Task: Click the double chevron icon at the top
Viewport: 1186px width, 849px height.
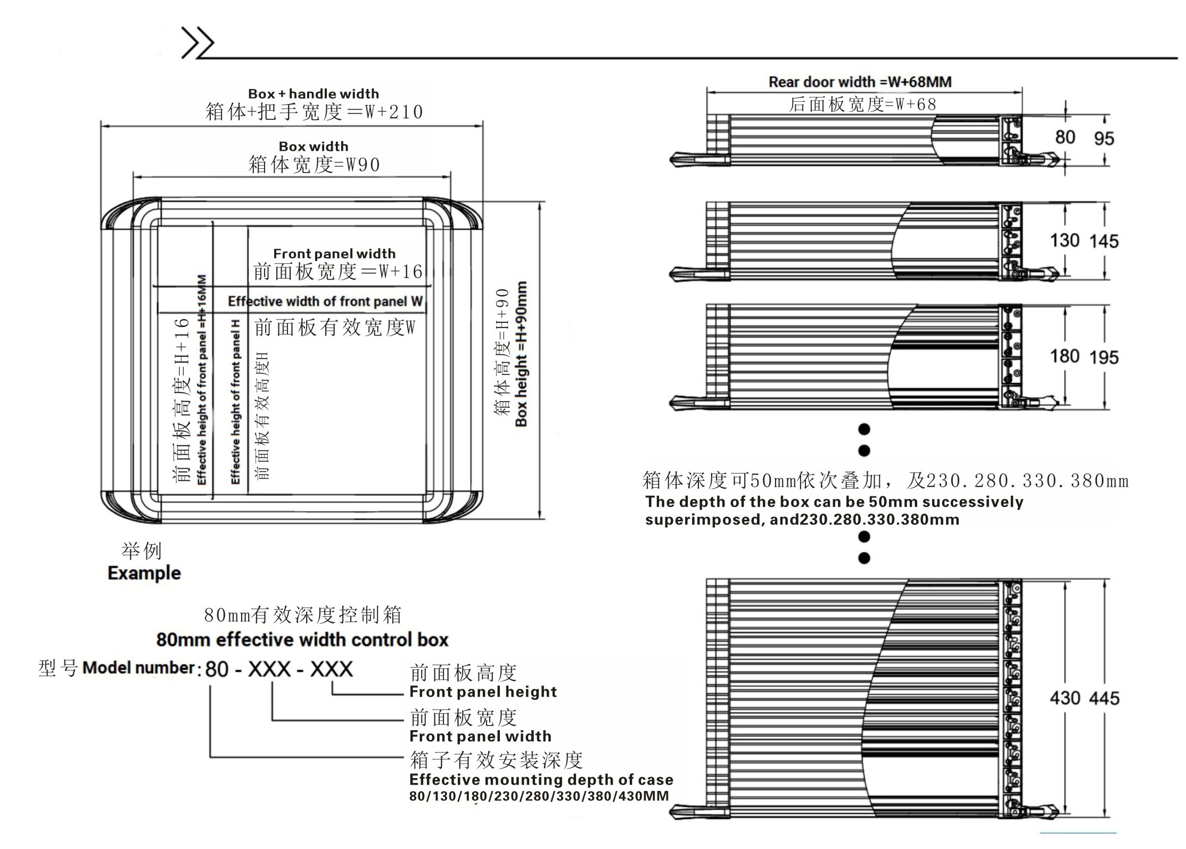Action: (197, 42)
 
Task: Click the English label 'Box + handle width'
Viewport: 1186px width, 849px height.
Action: (313, 94)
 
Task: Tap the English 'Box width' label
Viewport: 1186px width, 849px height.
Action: (313, 146)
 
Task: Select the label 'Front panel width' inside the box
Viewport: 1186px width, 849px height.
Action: (334, 254)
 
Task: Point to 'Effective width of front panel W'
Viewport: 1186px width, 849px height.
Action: (325, 301)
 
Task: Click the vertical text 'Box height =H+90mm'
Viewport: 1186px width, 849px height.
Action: (521, 354)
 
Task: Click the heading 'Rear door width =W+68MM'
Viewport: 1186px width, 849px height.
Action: (860, 82)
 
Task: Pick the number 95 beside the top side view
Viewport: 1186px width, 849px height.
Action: (1103, 138)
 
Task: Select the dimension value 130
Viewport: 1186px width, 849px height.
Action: (1064, 240)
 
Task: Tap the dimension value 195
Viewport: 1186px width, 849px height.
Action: (1103, 357)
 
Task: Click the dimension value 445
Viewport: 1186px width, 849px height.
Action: (1103, 698)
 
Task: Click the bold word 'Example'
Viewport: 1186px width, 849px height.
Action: (144, 573)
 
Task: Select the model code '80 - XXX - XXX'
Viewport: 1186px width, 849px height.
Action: (279, 669)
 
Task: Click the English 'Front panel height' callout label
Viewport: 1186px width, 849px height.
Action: (483, 692)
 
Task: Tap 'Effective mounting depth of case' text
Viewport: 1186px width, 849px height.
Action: (541, 780)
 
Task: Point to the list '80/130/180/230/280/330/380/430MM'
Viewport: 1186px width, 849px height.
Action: (539, 796)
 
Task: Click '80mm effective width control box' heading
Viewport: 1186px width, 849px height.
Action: (302, 640)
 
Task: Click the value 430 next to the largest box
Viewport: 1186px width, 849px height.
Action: (1064, 698)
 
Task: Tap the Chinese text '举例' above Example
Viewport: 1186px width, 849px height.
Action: (142, 551)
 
